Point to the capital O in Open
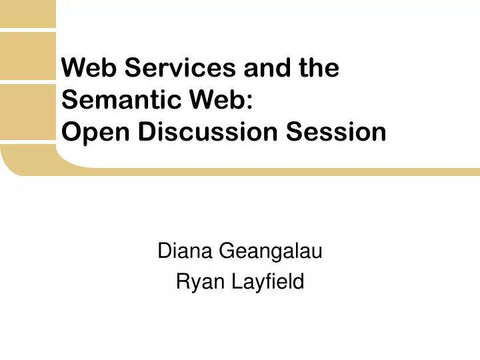tap(69, 132)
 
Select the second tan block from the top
tap(26, 57)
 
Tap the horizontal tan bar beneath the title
tap(267, 171)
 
